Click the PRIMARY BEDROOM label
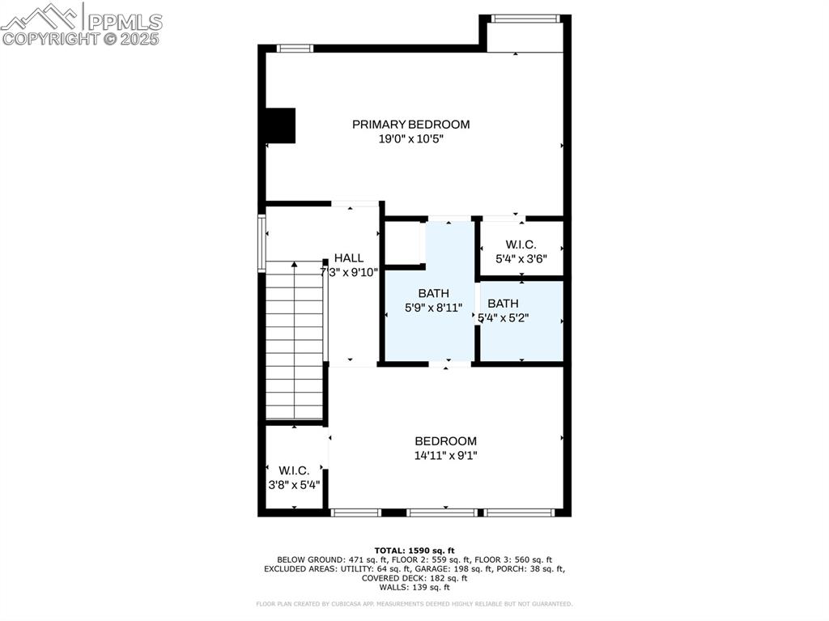pos(410,124)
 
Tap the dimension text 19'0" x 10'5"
pos(410,138)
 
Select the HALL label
pos(348,257)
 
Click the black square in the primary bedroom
pos(280,125)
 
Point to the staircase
pos(295,340)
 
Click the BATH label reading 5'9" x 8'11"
pos(433,293)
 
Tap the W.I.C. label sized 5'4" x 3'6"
pos(521,245)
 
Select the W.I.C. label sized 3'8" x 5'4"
pos(294,470)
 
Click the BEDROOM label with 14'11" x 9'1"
pos(445,440)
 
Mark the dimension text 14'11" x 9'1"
pos(445,455)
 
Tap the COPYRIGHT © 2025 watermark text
pos(81,38)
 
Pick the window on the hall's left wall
pos(261,241)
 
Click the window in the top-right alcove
pos(525,18)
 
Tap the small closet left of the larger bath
pos(402,241)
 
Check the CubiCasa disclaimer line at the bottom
pos(414,604)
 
